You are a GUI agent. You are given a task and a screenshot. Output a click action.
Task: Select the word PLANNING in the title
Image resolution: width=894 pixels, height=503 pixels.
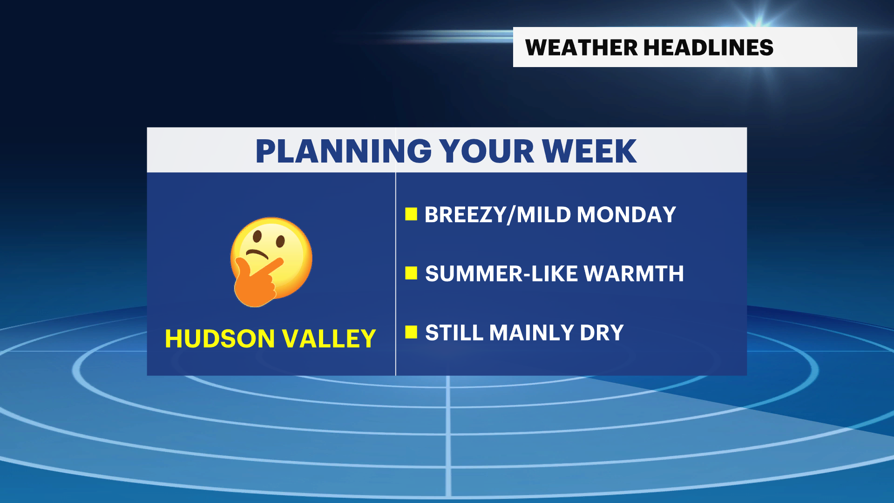coord(344,151)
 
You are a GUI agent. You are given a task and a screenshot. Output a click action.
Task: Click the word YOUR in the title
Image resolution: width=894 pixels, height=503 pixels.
coord(487,151)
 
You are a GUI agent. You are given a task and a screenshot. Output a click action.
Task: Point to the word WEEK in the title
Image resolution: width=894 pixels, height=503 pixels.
coord(589,151)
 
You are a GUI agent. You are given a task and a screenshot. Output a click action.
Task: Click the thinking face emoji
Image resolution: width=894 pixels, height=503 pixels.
coord(271,261)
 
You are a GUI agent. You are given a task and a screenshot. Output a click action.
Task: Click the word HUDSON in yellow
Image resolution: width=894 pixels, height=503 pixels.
coord(220,339)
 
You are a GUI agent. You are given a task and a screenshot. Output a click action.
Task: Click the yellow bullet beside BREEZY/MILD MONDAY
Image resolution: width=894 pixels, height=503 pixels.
coord(411,214)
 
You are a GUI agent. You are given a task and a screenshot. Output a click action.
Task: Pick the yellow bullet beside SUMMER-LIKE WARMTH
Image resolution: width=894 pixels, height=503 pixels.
coord(411,273)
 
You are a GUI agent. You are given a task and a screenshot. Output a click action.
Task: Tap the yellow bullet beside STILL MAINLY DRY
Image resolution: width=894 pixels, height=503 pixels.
coord(411,332)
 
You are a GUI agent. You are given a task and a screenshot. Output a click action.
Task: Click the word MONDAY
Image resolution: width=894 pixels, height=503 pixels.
coord(626,215)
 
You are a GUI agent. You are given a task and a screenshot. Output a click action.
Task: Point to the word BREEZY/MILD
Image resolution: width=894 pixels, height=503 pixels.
coord(498,215)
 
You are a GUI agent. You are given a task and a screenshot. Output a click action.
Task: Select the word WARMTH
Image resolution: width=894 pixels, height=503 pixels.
coord(634,274)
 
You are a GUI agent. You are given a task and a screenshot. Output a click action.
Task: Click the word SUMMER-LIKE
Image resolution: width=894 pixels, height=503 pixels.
coord(501,274)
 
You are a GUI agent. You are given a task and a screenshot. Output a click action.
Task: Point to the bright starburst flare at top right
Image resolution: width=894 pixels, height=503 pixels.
coord(759,19)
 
